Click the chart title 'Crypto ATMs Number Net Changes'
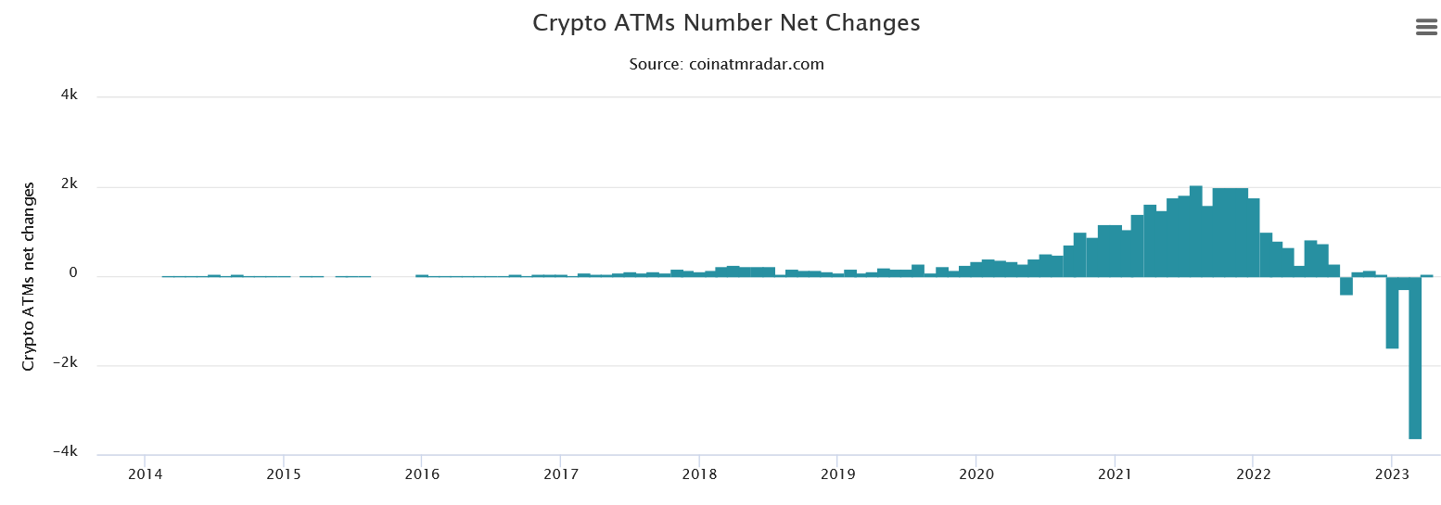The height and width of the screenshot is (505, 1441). coord(726,23)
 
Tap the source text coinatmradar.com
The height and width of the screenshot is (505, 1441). coord(726,64)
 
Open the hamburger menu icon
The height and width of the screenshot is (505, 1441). coord(1426,28)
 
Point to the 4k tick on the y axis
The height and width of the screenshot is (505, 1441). coord(69,95)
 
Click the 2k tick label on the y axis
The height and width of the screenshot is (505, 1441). coord(69,185)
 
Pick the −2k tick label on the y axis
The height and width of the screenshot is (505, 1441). coord(65,363)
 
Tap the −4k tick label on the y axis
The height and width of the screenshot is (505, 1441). coord(65,451)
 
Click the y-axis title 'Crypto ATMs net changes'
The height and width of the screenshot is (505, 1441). coord(29,276)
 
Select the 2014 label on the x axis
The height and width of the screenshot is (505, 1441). coord(145,474)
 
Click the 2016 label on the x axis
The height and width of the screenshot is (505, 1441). coord(422,474)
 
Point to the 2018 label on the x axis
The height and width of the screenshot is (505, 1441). coord(699,474)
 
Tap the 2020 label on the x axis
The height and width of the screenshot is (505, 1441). coord(976,474)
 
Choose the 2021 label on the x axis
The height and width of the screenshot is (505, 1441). coord(1115,474)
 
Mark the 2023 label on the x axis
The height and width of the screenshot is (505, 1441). coord(1391,474)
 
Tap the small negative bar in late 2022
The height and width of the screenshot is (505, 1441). coord(1346,285)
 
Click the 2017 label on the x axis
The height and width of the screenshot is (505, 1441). coord(560,474)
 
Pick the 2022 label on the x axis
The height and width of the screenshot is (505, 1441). coord(1253,474)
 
